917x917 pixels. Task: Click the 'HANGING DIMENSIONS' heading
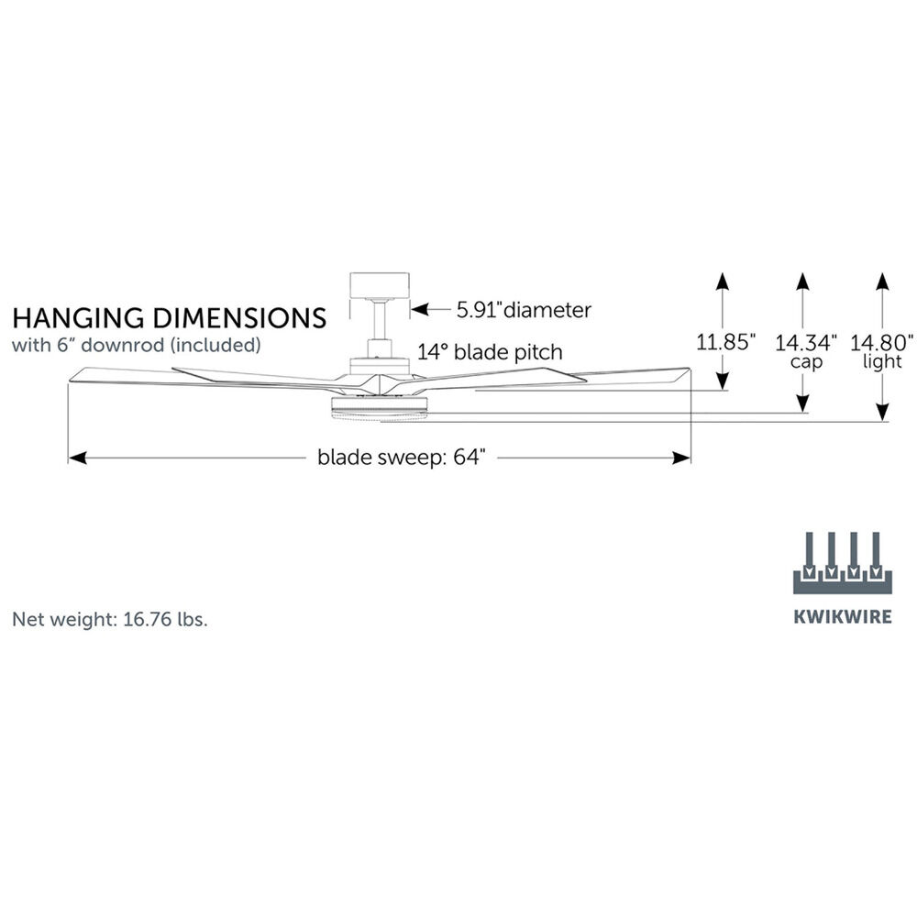coord(169,318)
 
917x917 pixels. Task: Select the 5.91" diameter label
coord(524,310)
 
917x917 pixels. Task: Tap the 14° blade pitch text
coord(491,351)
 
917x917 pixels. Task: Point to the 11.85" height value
coord(725,343)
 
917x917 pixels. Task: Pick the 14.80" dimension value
coord(882,343)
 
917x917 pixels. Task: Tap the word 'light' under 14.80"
coord(882,362)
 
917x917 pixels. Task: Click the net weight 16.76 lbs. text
coord(110,619)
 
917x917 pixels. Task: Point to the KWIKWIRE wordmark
coord(842,617)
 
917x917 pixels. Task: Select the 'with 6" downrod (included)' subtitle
coord(137,346)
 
